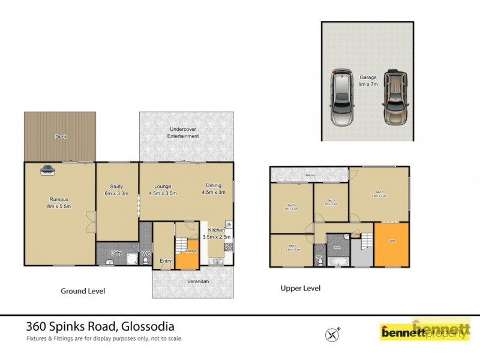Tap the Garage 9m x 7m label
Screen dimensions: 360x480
(368, 80)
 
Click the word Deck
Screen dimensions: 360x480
(61, 137)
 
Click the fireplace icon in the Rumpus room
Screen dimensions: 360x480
(47, 170)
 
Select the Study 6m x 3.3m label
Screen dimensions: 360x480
(116, 190)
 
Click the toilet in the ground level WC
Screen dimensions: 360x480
(145, 262)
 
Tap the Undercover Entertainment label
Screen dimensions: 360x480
(184, 133)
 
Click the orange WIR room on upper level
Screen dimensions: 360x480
(391, 242)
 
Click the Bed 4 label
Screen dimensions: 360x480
(292, 247)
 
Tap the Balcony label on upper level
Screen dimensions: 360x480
(310, 175)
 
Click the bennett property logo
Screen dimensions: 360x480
(424, 331)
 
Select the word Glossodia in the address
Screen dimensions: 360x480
(148, 326)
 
